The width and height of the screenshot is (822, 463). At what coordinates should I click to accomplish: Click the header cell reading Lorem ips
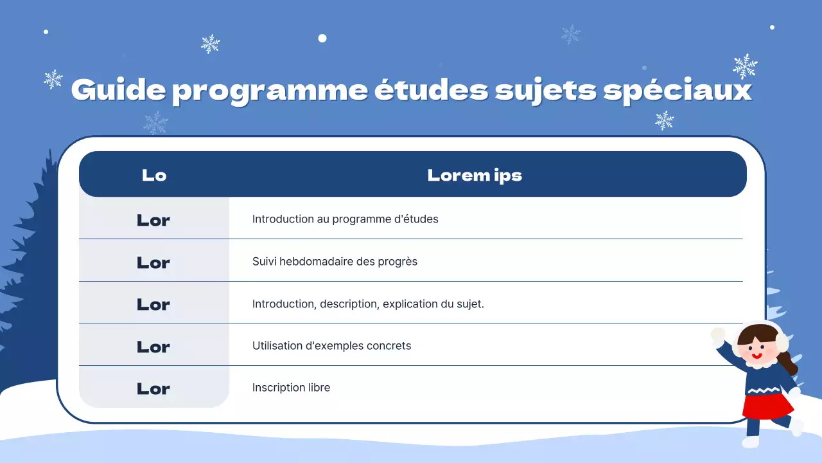(475, 175)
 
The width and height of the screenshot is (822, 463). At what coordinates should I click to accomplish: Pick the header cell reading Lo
(154, 175)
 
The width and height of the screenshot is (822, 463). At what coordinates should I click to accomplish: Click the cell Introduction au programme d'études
(345, 219)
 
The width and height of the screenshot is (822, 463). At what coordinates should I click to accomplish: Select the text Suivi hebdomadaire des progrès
(335, 262)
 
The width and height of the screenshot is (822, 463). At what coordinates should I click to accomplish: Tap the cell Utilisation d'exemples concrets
(331, 346)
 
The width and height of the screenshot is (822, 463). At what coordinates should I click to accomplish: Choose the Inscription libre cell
(291, 388)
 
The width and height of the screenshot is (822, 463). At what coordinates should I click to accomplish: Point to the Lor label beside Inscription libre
(153, 388)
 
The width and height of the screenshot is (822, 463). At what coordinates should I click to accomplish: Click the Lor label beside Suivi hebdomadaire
(153, 262)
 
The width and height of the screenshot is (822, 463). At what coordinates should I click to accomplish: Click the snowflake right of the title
(745, 66)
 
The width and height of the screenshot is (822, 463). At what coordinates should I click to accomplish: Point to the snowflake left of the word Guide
(53, 79)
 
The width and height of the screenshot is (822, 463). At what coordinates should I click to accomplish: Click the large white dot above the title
(322, 38)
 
